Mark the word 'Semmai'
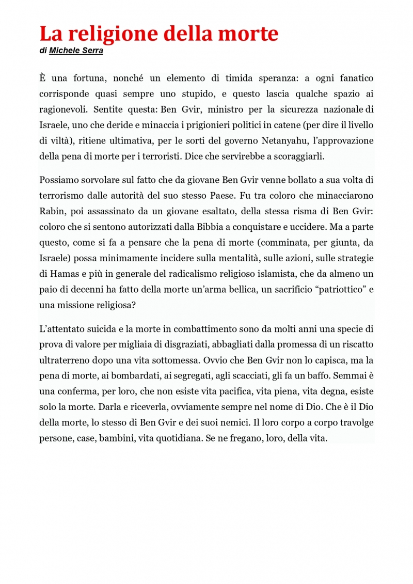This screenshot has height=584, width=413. click(x=351, y=375)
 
